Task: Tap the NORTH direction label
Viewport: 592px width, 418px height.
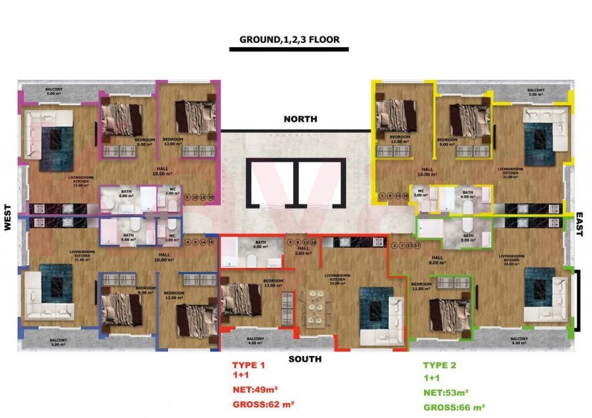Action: tap(300, 119)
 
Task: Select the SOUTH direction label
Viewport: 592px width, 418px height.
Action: tap(305, 359)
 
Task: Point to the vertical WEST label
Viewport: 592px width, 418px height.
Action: tap(8, 218)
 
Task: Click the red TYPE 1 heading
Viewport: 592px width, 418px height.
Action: tap(249, 365)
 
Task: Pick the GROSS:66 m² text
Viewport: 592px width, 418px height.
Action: tap(454, 407)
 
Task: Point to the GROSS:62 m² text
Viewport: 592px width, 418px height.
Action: tap(264, 405)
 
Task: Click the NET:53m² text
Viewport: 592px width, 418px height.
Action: tap(445, 392)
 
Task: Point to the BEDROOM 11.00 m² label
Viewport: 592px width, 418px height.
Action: tap(422, 286)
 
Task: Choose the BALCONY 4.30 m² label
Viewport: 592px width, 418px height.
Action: tap(520, 342)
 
